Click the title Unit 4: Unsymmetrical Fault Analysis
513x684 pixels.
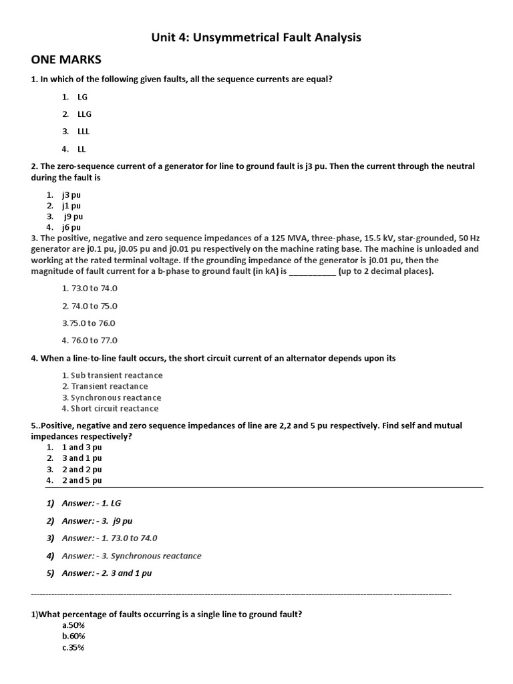[256, 37]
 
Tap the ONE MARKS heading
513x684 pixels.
[66, 60]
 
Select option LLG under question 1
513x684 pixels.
[83, 114]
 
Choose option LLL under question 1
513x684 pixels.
[83, 132]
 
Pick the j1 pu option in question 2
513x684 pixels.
[71, 206]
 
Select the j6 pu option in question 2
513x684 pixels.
[71, 227]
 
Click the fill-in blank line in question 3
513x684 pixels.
[313, 272]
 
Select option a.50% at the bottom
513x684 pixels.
[73, 625]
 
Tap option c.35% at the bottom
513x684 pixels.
[73, 648]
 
